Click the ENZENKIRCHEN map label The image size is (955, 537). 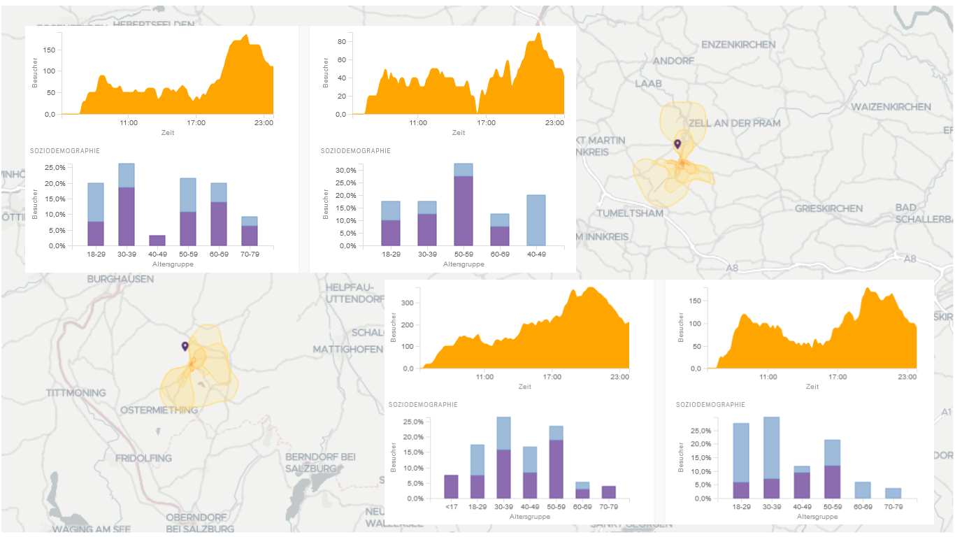pos(738,44)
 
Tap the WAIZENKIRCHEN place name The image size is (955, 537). pos(891,106)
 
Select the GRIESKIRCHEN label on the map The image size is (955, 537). pos(828,208)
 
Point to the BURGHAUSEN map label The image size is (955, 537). pos(120,279)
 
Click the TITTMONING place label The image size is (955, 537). pos(76,393)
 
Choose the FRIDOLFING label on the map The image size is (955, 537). pos(143,458)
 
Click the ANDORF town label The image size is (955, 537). pos(673,61)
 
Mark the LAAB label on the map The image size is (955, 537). pos(648,83)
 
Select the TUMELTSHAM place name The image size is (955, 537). pos(630,213)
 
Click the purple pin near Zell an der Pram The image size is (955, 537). pos(677,144)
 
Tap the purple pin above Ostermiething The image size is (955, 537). pos(185,346)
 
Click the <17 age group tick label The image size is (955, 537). pos(451,508)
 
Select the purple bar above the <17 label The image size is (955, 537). pos(451,487)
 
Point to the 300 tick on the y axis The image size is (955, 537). pos(407,303)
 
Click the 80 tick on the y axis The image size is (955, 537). pos(342,41)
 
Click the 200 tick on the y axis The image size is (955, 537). pos(407,324)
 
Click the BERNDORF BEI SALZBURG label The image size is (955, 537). pos(320,462)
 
